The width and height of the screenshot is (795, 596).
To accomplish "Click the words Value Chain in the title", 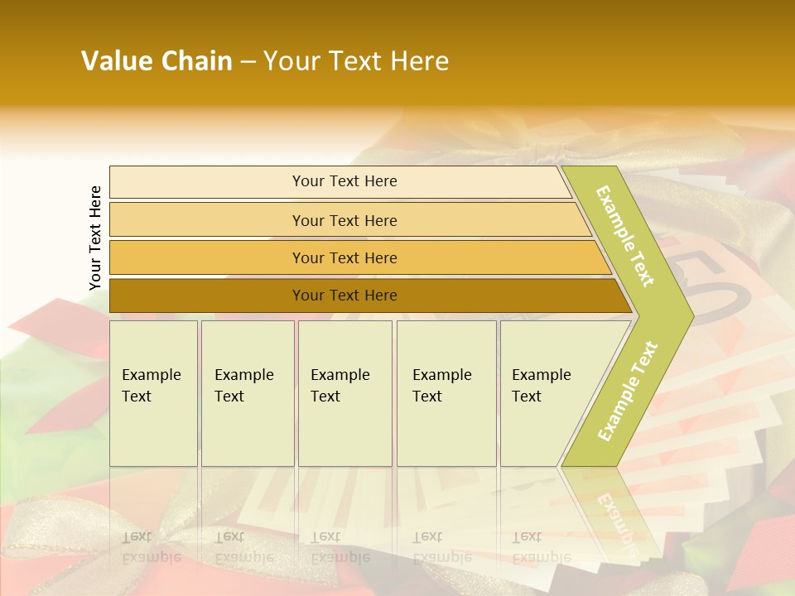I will (157, 61).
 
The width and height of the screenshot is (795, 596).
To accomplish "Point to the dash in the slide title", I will (248, 62).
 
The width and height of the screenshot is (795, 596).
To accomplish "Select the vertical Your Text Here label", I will (95, 238).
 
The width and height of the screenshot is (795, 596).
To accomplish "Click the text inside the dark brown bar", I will (344, 296).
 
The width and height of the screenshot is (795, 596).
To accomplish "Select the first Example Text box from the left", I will (153, 393).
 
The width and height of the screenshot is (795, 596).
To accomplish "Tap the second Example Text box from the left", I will (248, 393).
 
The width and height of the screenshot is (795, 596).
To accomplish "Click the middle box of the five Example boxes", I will (344, 393).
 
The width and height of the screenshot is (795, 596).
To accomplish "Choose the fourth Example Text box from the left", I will (446, 393).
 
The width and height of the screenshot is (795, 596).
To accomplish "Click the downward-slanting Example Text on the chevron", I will (625, 236).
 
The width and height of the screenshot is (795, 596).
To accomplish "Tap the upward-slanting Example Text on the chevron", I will (628, 391).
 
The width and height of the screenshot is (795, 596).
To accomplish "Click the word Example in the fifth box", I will (541, 375).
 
